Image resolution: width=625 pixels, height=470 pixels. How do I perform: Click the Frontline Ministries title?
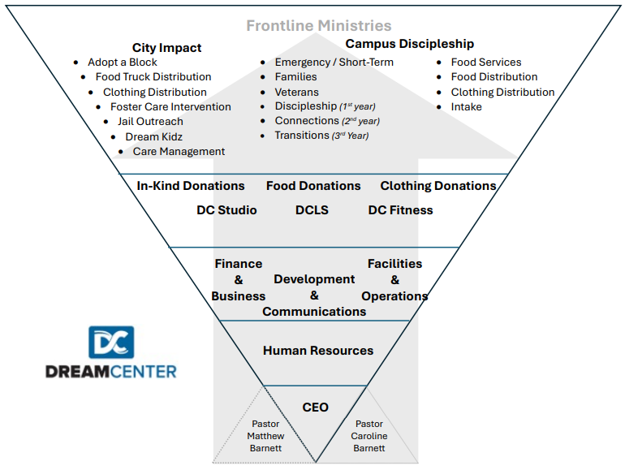319,26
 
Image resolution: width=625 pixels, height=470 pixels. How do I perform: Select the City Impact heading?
167,48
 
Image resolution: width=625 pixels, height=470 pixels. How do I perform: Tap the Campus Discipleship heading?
410,44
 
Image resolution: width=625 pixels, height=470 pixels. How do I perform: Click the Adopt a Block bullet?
123,63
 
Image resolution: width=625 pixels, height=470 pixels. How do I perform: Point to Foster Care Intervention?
170,107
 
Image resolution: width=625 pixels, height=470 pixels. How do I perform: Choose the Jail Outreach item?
150,122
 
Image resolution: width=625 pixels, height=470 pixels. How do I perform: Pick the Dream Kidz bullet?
153,136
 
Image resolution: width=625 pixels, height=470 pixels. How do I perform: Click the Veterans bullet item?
297,92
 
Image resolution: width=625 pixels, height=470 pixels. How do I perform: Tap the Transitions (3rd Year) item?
321,136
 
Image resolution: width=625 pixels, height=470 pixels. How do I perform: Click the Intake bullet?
467,106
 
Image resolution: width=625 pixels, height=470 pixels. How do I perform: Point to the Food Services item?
486,63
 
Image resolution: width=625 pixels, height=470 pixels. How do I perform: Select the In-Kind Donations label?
191,186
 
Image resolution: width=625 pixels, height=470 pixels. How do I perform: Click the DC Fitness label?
400,210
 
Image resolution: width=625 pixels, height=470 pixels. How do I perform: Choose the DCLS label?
312,210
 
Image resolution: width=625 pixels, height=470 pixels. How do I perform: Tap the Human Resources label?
318,351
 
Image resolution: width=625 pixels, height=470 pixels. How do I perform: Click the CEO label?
315,407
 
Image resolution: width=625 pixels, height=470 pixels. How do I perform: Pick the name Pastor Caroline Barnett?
369,436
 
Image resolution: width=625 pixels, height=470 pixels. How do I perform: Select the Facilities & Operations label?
394,280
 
